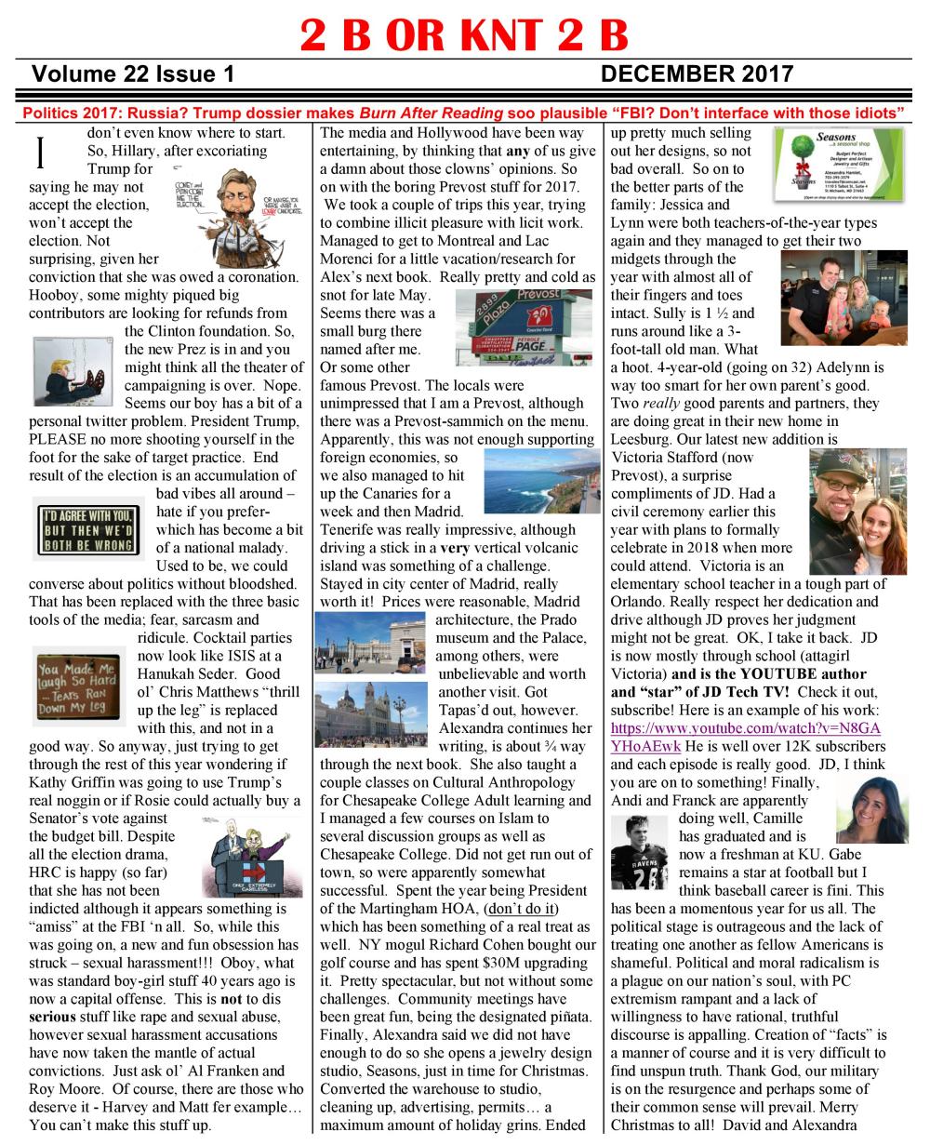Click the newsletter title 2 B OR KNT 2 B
click(464, 34)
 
